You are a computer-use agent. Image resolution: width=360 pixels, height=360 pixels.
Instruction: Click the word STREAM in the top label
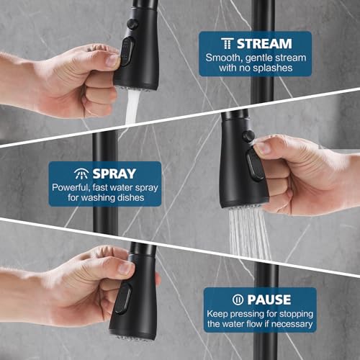coord(264,44)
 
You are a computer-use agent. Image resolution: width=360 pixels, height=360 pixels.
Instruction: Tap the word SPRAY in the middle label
coord(114,174)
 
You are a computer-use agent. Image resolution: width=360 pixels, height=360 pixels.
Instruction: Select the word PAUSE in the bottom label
coord(269,300)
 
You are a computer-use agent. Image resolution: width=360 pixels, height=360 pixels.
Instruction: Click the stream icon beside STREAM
coord(227,43)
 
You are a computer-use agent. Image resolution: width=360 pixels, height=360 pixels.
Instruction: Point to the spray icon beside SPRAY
coord(81,174)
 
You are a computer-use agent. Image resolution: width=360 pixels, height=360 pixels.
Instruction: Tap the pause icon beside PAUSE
coord(238,300)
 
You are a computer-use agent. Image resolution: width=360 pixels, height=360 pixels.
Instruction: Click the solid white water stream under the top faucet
coord(132,107)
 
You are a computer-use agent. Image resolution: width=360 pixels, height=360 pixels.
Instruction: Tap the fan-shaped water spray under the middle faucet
coord(250,234)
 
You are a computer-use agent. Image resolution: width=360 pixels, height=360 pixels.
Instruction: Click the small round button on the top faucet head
coord(132,24)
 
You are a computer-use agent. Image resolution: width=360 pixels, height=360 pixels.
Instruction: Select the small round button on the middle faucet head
coord(248,136)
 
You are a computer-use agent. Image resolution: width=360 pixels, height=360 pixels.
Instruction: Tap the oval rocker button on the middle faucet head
coord(255,165)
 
